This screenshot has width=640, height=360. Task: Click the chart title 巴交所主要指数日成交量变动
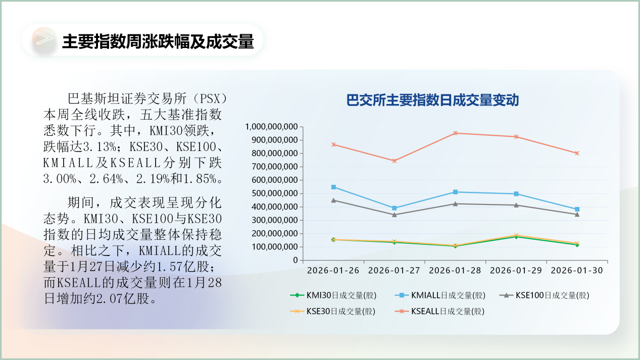(432, 100)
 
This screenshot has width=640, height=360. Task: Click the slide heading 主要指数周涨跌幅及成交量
(157, 42)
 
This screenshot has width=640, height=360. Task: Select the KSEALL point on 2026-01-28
(455, 133)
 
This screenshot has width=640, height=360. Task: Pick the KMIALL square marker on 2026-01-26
(333, 187)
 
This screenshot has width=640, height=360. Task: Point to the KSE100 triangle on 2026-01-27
(394, 215)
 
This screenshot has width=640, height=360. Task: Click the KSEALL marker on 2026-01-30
(577, 153)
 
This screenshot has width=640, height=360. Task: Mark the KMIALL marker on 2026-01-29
(516, 194)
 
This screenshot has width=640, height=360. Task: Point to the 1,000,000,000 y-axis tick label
(271, 126)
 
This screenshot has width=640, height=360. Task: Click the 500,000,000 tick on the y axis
(274, 193)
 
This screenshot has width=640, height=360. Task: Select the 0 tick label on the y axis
(295, 261)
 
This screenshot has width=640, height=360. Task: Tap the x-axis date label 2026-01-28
(455, 270)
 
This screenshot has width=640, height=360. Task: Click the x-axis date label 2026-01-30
(576, 270)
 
